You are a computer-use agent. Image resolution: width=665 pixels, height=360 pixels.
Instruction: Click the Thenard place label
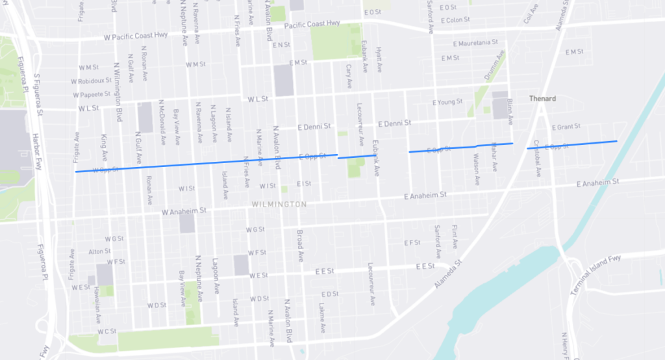544,99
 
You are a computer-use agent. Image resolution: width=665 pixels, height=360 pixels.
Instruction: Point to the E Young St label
447,102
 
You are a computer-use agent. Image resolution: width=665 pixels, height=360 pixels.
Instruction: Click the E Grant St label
566,127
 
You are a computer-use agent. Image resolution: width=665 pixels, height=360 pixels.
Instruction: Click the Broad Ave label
300,245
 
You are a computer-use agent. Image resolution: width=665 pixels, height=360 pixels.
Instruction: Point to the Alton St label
99,251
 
